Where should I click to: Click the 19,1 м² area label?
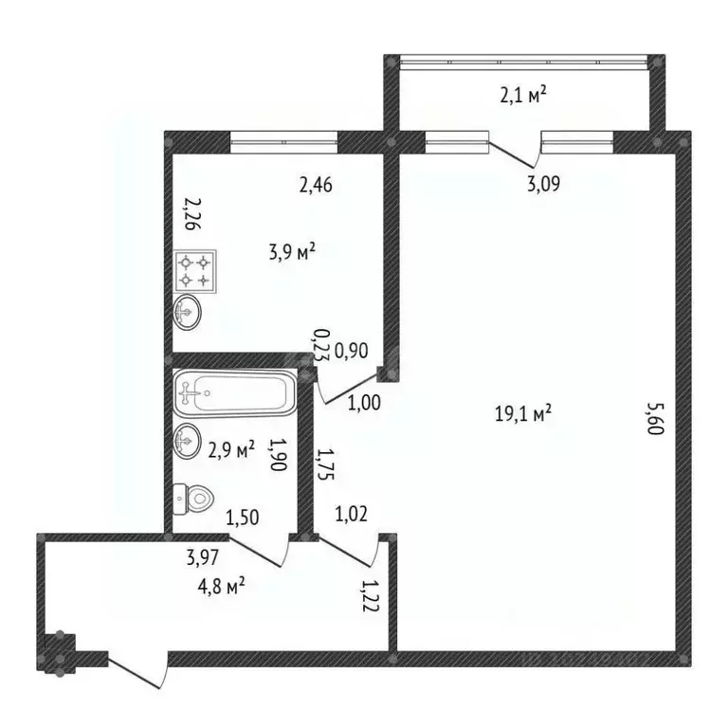click(523, 413)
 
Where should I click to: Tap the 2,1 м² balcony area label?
click(524, 95)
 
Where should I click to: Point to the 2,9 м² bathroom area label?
click(231, 450)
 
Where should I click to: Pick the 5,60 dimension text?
click(653, 417)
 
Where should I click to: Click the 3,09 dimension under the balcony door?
click(543, 183)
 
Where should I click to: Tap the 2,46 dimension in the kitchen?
click(318, 186)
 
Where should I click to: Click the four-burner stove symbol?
click(194, 270)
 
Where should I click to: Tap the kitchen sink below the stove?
click(188, 311)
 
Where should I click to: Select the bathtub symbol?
click(233, 391)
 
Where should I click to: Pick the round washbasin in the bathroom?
click(188, 441)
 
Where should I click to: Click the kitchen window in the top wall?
click(283, 142)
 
